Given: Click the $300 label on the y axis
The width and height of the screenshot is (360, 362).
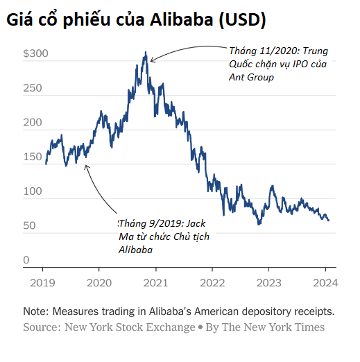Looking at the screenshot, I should pos(35,53).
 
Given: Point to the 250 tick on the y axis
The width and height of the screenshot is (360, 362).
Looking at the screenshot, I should pos(33,89).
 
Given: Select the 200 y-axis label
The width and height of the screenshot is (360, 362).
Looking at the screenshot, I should pos(33,123).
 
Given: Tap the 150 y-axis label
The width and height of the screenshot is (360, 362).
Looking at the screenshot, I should pos(33,157).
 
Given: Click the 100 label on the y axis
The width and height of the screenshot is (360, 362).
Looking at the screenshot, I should pos(33,191).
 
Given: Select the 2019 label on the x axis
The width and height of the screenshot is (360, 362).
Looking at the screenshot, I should pos(42,282).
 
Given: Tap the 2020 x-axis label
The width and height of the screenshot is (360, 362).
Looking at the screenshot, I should pos(98,282).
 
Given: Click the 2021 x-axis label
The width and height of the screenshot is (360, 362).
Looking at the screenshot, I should pos(155,282).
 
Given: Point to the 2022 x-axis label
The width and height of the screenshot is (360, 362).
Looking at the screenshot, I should pos(212,282).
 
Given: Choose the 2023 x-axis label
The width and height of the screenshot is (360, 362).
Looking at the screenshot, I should pos(268,282).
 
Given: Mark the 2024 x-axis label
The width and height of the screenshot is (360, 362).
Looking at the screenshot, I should pos(324,282).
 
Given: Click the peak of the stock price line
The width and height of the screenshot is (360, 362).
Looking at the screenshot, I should pos(146,53).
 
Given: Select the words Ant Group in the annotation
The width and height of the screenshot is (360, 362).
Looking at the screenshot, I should pos(252,78).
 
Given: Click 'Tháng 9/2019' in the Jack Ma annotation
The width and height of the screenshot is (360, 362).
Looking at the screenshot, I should pos(145,224).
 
